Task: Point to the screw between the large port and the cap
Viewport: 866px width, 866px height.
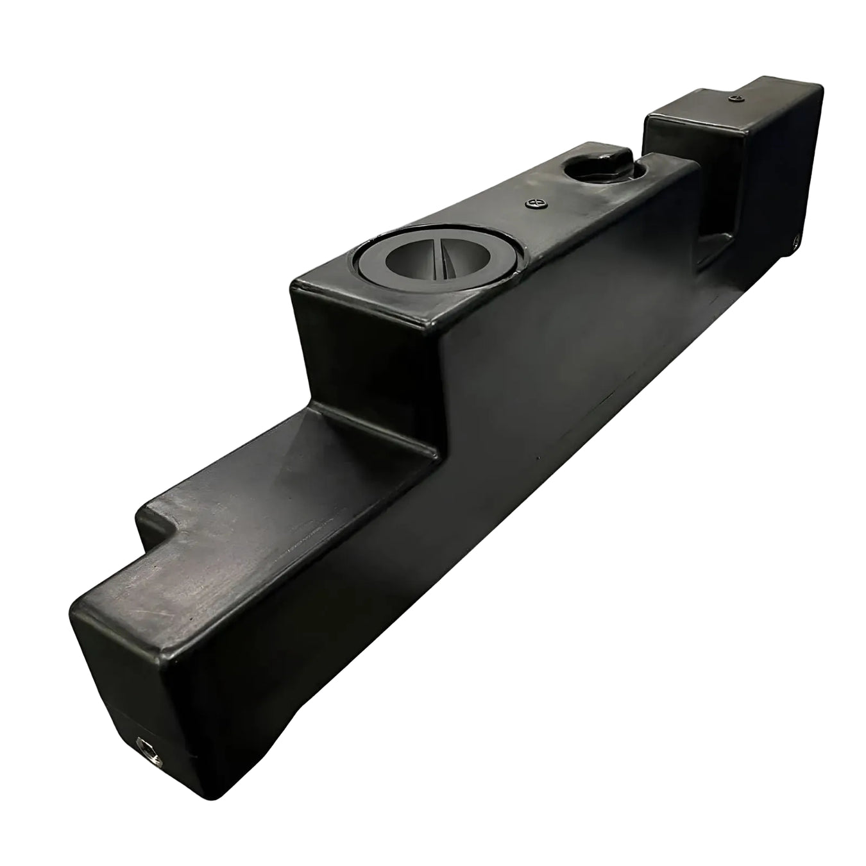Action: point(536,203)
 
